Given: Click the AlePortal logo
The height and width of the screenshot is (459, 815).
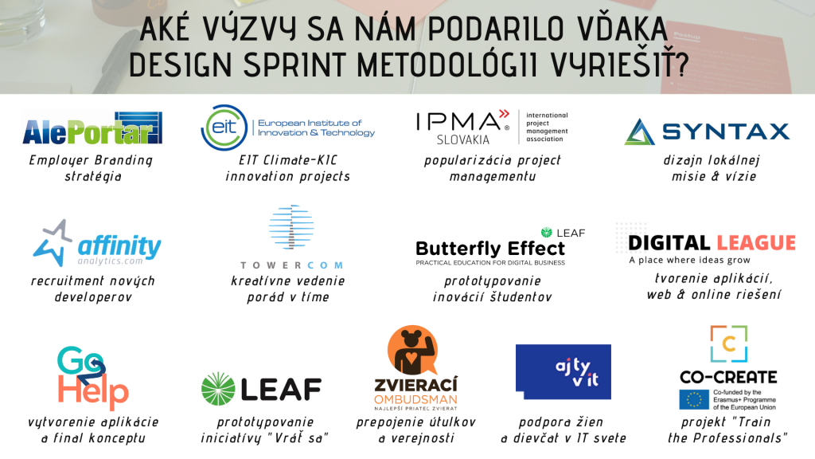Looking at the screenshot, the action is [x=92, y=128].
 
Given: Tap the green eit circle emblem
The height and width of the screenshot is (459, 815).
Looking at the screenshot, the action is [x=224, y=127].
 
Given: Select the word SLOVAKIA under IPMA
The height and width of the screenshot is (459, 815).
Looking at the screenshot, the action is [x=462, y=139].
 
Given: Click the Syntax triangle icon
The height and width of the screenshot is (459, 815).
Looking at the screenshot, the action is [x=639, y=131].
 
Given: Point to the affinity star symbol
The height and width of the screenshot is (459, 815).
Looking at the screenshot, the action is [x=52, y=242].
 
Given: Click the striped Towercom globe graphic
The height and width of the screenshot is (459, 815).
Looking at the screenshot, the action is [x=291, y=227].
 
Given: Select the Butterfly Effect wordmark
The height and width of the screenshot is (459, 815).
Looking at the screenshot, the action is [x=490, y=249].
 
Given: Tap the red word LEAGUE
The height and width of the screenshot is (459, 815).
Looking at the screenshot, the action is [x=756, y=243].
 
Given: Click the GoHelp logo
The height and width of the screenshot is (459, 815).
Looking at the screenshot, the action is [x=92, y=378].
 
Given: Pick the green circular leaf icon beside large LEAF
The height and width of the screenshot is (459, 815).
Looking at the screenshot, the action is [x=218, y=389].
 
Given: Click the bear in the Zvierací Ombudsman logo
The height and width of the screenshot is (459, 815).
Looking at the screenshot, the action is [x=412, y=350].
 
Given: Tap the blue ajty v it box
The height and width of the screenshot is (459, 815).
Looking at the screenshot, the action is [x=563, y=371].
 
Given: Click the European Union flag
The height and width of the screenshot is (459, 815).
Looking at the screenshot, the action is [x=694, y=400].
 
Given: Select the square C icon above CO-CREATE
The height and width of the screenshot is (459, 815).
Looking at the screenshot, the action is [x=729, y=344].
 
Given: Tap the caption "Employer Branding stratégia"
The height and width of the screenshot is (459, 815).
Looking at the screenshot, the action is [x=92, y=168].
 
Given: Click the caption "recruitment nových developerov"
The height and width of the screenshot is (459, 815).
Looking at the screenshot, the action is [x=93, y=288].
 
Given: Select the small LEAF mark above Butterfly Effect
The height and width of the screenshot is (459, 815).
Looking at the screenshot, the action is [x=563, y=233].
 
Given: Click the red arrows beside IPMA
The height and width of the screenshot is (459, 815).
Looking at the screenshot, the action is [x=504, y=114].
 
